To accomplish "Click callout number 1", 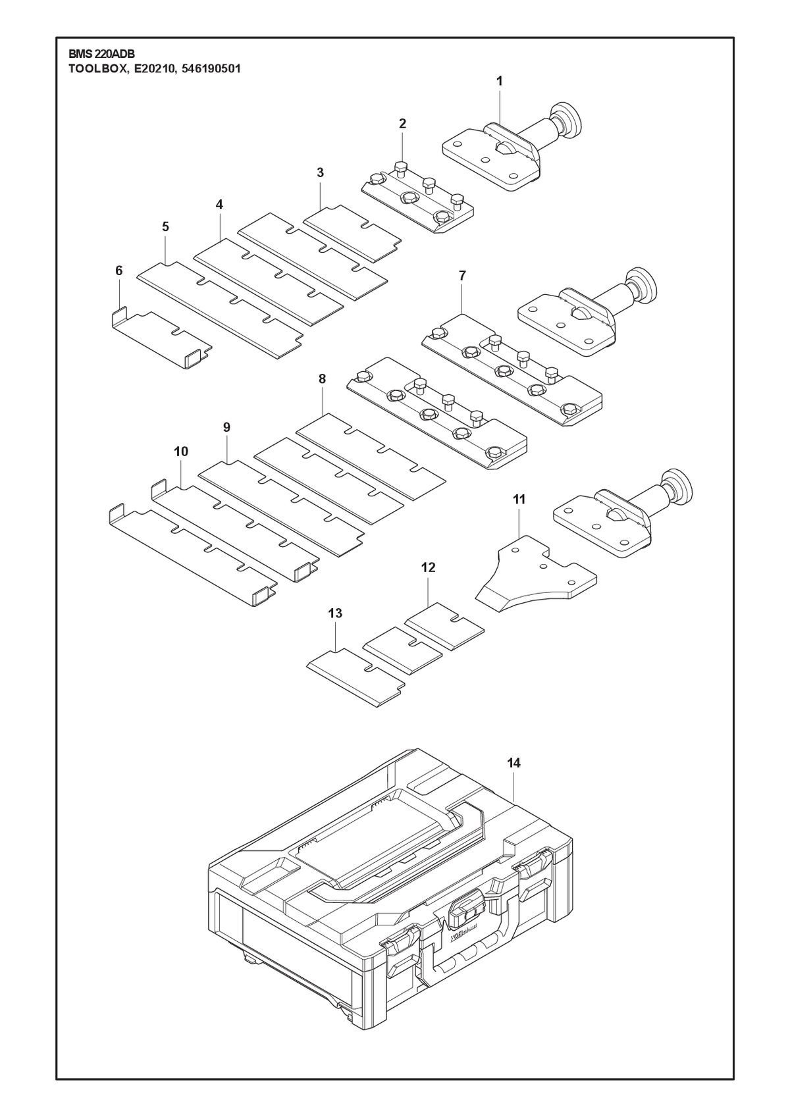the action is (500, 81).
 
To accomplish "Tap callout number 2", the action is (402, 124).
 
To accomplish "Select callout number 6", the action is (118, 271).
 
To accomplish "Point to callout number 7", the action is (462, 276).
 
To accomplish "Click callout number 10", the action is (181, 452).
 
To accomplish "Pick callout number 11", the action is (519, 500).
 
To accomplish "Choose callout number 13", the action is (335, 614).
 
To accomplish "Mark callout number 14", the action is (513, 777).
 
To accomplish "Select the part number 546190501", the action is (211, 69).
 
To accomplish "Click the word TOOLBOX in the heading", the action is (97, 69).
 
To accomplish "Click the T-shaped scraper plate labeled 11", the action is (536, 573).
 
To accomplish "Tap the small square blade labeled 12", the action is (444, 627).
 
